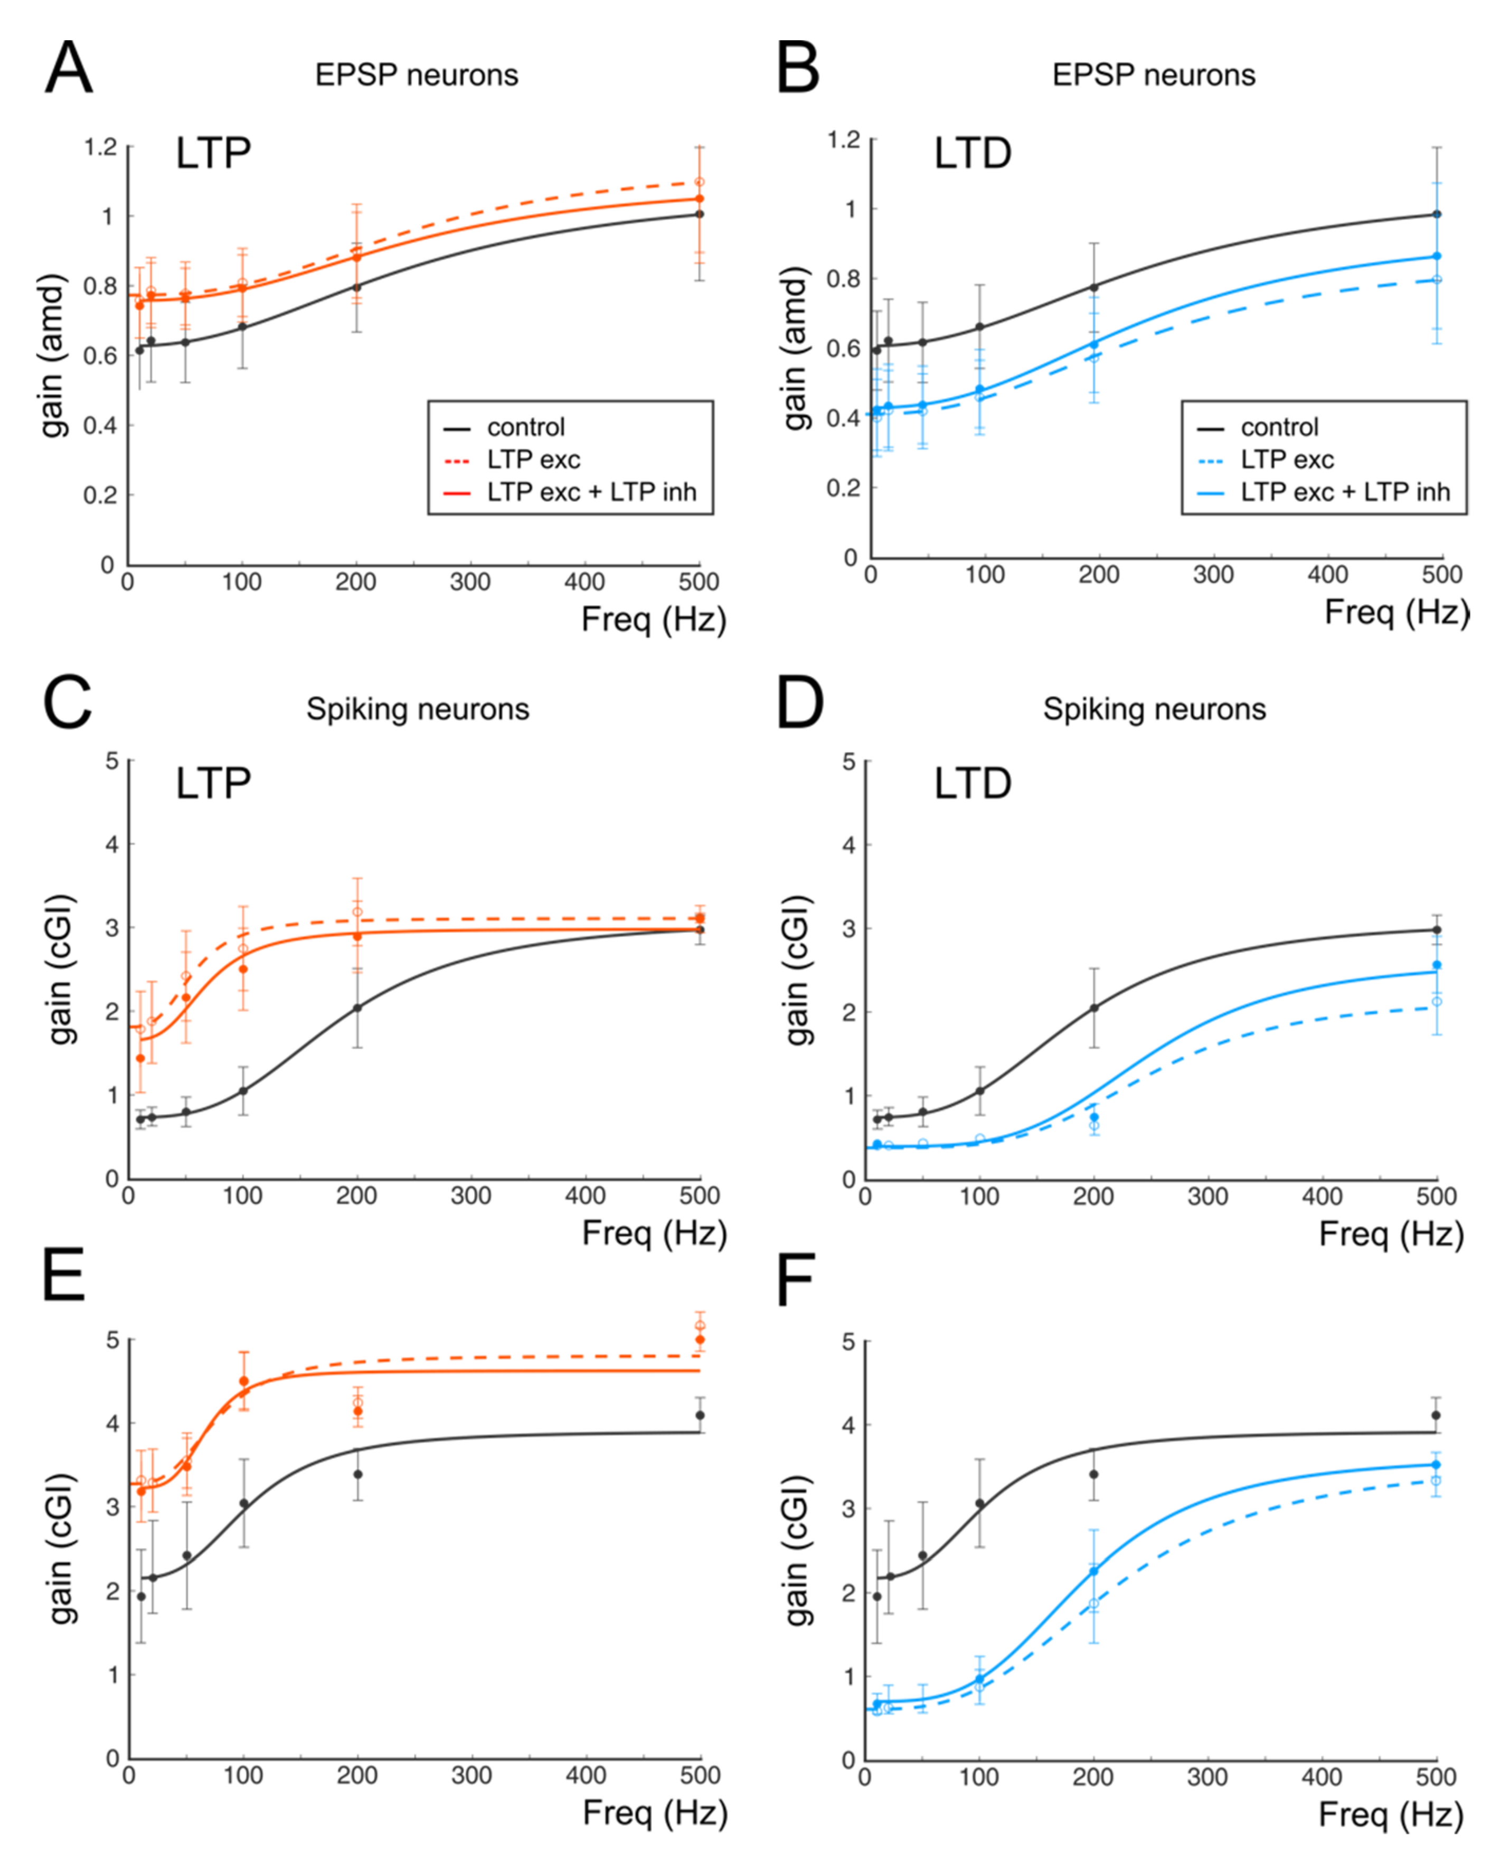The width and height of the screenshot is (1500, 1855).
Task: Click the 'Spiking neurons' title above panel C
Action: (417, 709)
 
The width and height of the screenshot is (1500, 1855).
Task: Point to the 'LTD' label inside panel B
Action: (972, 154)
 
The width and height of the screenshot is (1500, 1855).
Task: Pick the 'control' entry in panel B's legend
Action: (1279, 427)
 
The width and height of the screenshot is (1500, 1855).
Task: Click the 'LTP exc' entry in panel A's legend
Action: (533, 459)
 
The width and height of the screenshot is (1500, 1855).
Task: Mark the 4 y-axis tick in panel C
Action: (111, 844)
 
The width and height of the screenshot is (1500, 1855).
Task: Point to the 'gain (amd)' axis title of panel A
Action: (53, 356)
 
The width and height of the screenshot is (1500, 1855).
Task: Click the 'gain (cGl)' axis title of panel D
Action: (797, 969)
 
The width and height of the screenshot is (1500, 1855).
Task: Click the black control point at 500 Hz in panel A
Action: (699, 214)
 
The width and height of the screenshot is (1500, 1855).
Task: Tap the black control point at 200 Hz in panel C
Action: (357, 1007)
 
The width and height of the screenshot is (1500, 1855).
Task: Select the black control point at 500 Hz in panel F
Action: (1436, 1415)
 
